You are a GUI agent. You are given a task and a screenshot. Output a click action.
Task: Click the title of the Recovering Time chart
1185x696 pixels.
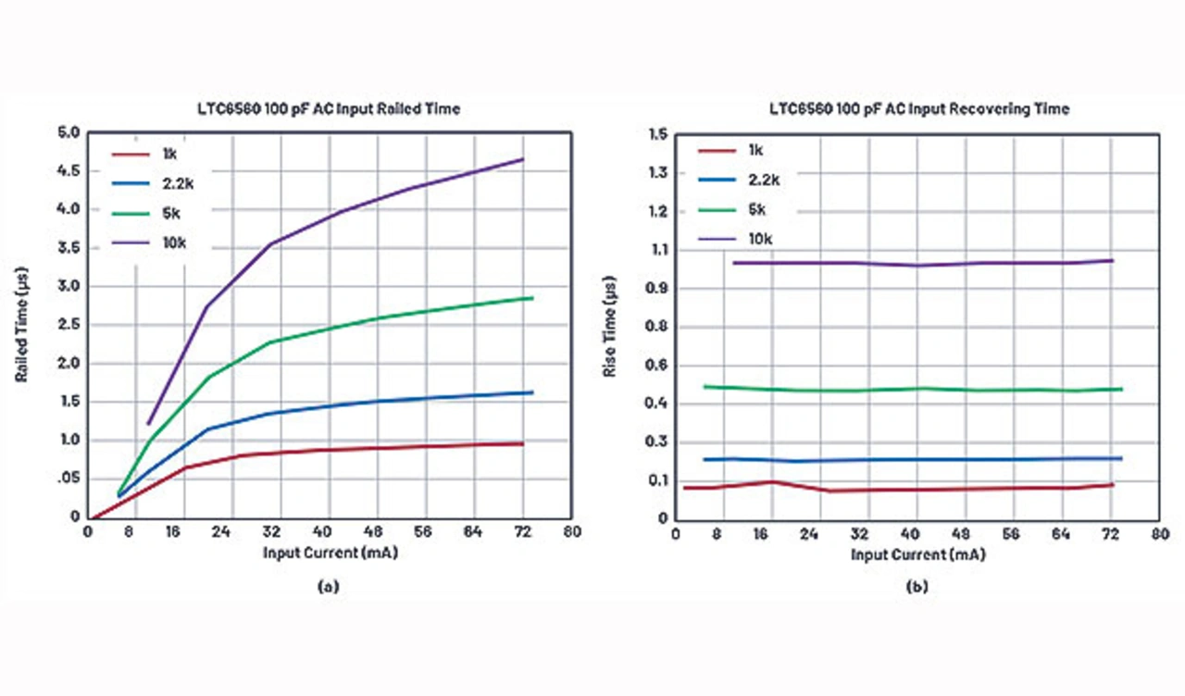[919, 109]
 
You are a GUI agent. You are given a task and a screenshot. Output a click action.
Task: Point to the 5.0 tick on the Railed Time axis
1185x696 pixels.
[70, 132]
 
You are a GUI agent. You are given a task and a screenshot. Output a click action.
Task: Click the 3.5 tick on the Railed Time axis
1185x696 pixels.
[70, 248]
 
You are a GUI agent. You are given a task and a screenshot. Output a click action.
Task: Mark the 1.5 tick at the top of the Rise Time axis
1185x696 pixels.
[658, 134]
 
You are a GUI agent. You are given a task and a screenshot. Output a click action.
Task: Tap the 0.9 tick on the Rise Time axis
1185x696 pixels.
[658, 288]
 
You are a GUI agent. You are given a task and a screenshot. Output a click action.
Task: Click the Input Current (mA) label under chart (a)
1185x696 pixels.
[330, 554]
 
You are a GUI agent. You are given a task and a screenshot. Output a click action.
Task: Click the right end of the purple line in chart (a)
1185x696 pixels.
[523, 159]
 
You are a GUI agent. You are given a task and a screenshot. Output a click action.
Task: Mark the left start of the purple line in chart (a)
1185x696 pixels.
[148, 424]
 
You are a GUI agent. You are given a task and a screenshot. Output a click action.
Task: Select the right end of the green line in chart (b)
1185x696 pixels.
[1122, 389]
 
